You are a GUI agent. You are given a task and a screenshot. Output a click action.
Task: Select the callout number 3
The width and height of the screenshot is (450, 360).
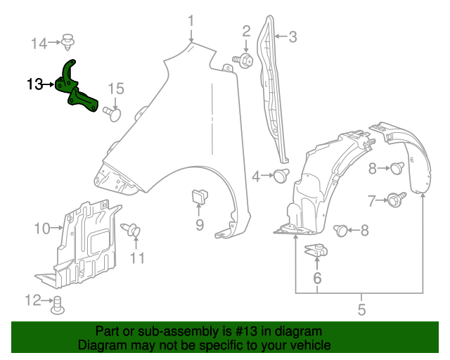click(x=292, y=37)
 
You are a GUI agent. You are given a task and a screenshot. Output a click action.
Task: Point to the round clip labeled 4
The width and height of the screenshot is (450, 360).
click(x=281, y=176)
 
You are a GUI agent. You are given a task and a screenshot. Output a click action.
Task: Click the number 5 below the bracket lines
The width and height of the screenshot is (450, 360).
click(x=361, y=309)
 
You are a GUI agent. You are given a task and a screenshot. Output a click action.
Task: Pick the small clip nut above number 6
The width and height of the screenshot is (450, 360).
click(x=316, y=250)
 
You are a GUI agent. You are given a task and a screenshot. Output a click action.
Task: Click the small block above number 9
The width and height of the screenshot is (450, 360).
click(x=198, y=196)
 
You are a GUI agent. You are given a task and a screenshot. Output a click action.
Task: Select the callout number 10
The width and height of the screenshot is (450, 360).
click(x=42, y=228)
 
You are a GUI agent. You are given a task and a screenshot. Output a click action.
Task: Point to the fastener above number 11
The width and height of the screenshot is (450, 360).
click(x=131, y=230)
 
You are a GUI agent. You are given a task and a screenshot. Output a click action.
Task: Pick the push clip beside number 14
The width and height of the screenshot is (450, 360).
click(x=69, y=42)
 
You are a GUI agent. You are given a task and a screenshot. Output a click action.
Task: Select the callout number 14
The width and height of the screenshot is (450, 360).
click(x=40, y=44)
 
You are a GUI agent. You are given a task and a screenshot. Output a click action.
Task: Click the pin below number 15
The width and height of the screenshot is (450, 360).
click(x=113, y=112)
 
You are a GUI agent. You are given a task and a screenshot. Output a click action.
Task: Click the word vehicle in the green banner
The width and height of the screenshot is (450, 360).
click(x=307, y=345)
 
